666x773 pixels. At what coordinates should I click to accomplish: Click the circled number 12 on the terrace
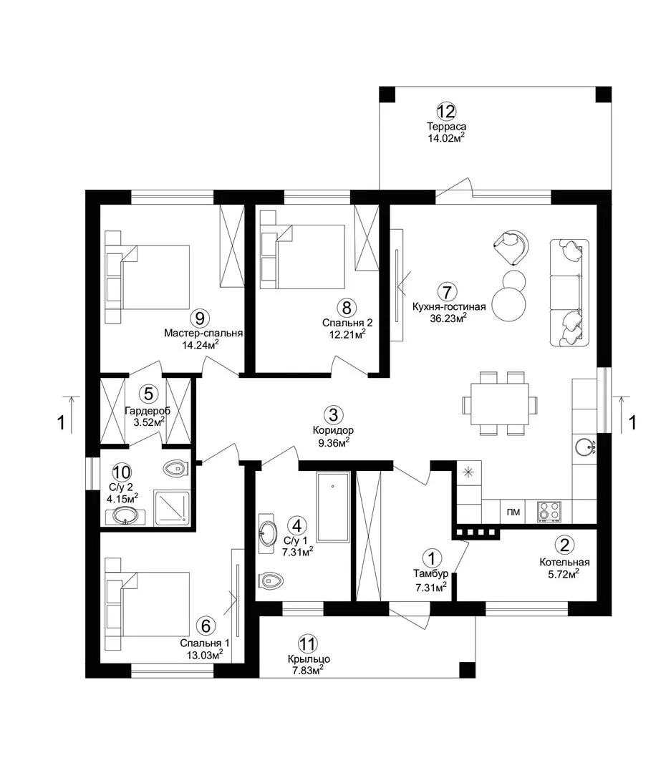tap(446, 112)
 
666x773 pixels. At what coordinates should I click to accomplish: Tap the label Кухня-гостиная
tap(449, 306)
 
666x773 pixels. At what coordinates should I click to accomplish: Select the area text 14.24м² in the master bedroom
tap(201, 344)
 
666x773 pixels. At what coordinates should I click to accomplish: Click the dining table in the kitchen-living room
tap(500, 404)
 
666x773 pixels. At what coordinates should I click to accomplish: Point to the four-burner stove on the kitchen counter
tap(549, 511)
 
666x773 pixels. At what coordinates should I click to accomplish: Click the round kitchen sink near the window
tap(585, 447)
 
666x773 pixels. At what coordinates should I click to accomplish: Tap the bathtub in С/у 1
tap(333, 507)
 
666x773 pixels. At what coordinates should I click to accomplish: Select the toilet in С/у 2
tap(175, 469)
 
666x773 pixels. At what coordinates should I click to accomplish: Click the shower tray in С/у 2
tap(172, 507)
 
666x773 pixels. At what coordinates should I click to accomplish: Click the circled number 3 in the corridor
tap(334, 414)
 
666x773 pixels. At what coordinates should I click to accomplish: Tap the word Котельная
tap(564, 562)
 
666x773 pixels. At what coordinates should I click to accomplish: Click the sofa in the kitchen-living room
tap(569, 293)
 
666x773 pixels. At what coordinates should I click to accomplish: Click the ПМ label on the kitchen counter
tap(513, 512)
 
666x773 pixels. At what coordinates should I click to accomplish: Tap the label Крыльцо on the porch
tap(309, 659)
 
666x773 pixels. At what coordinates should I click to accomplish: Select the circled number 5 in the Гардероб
tap(148, 394)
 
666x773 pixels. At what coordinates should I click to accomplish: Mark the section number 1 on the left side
tap(61, 422)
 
